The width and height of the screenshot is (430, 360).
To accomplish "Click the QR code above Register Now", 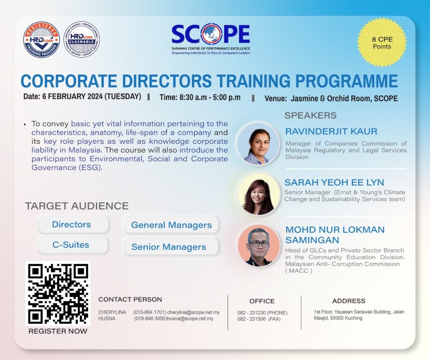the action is click(x=58, y=293).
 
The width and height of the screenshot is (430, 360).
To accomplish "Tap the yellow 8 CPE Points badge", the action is click(x=382, y=42).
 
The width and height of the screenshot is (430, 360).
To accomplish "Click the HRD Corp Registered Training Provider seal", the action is click(x=42, y=39).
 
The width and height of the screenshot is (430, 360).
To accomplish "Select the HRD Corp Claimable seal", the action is click(x=82, y=39).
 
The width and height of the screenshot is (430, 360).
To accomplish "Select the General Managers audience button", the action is click(x=171, y=225).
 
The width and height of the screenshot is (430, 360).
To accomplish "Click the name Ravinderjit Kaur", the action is click(x=331, y=131).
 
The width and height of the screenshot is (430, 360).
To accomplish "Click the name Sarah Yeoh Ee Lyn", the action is click(x=334, y=182).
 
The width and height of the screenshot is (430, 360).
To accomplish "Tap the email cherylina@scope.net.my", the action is click(x=194, y=312).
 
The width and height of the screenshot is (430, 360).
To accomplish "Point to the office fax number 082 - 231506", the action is click(x=252, y=319).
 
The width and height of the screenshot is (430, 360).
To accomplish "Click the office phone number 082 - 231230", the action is click(x=252, y=313).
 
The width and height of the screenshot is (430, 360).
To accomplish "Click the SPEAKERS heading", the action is click(x=310, y=115).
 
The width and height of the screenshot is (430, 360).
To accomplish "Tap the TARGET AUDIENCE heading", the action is click(x=77, y=206).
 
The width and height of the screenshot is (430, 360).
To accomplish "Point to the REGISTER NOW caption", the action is click(x=58, y=331).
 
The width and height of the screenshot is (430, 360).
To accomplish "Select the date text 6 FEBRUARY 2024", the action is click(x=72, y=97).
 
